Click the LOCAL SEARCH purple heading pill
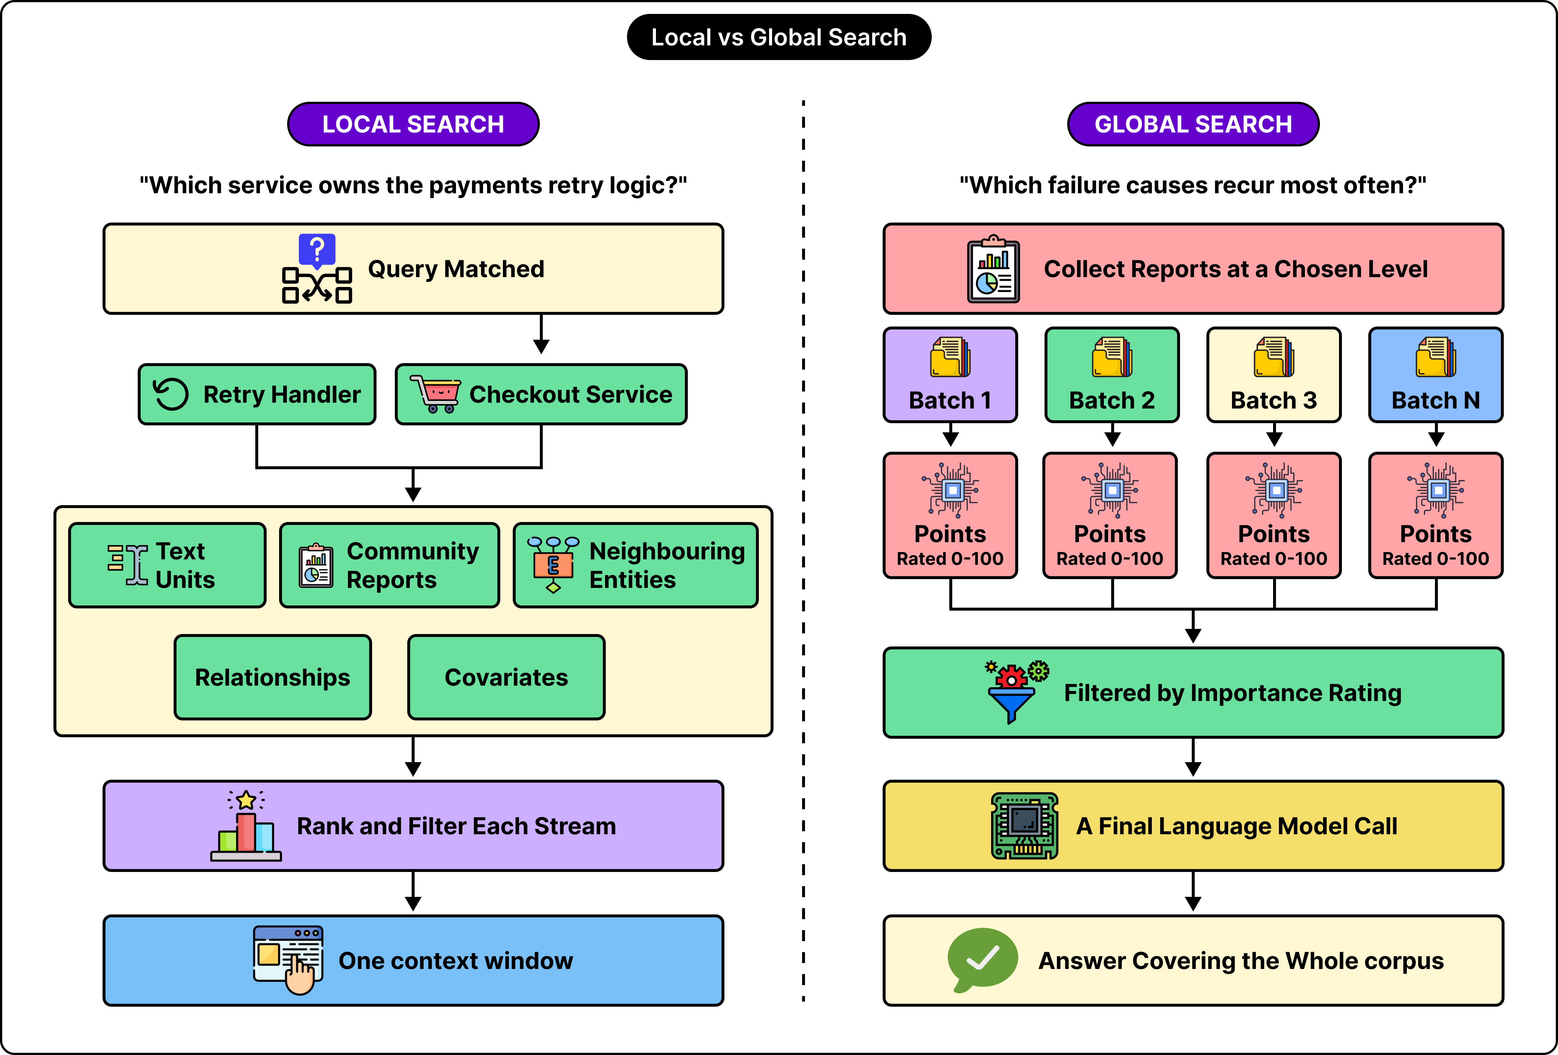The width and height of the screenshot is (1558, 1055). pyautogui.click(x=413, y=124)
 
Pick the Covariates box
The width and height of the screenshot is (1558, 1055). pyautogui.click(x=506, y=677)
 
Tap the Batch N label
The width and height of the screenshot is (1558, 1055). pyautogui.click(x=1435, y=400)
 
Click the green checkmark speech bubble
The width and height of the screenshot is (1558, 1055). pyautogui.click(x=982, y=959)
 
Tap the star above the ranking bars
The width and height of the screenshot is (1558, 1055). pyautogui.click(x=246, y=799)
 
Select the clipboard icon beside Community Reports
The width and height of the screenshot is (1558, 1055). pyautogui.click(x=316, y=566)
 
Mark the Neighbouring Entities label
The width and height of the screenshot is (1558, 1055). pyautogui.click(x=667, y=565)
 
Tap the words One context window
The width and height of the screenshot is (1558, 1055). pyautogui.click(x=456, y=961)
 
